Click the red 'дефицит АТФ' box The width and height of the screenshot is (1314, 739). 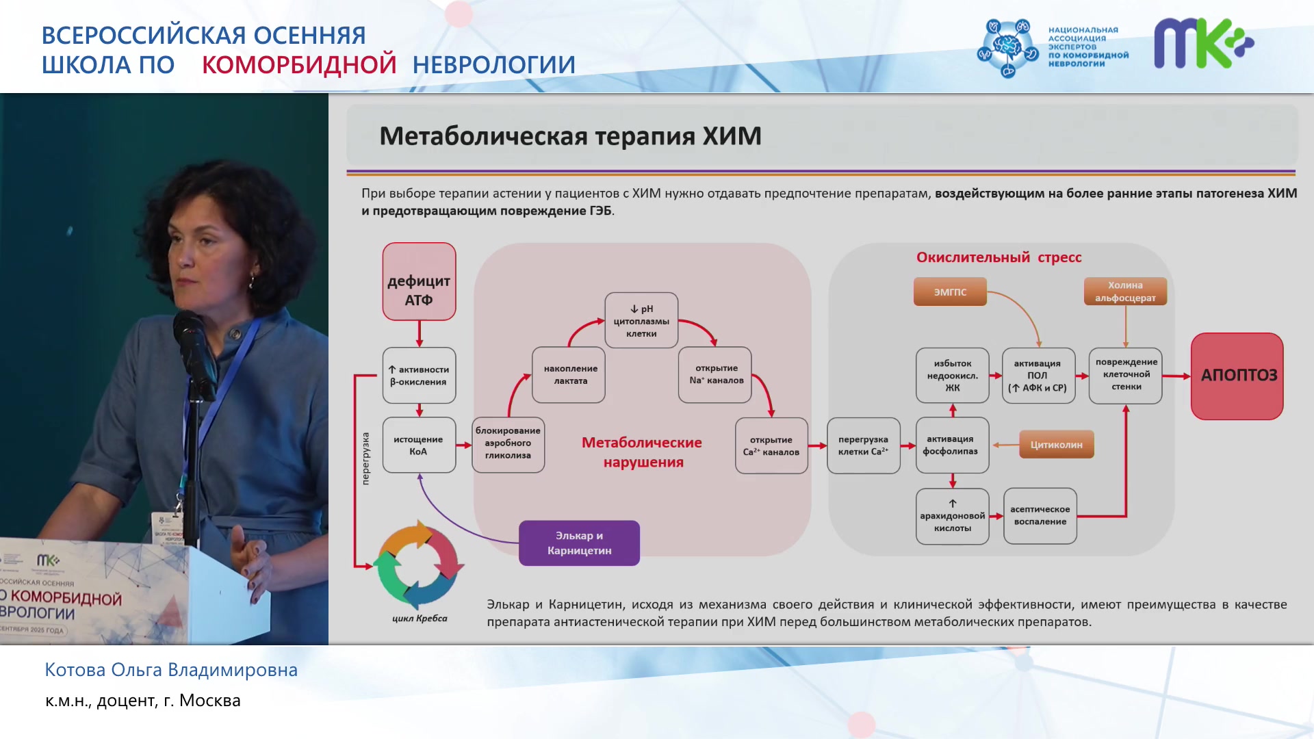click(x=419, y=281)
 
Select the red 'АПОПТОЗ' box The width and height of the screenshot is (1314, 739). click(x=1237, y=376)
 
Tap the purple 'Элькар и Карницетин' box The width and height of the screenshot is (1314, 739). click(x=579, y=543)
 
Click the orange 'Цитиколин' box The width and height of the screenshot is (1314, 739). click(x=1057, y=445)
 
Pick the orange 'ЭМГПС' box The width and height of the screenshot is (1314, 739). click(x=950, y=291)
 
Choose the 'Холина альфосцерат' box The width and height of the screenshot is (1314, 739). click(x=1125, y=291)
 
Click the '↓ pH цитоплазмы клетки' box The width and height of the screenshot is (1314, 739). click(x=641, y=320)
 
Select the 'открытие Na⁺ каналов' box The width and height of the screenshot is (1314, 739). click(x=715, y=375)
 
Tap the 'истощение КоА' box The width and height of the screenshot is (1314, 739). click(x=419, y=445)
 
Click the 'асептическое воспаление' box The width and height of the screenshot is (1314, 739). click(x=1040, y=516)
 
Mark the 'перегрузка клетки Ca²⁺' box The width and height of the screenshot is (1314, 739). click(x=864, y=445)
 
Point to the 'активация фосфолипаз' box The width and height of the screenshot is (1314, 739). click(x=953, y=445)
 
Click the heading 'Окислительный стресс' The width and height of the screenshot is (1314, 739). click(x=999, y=257)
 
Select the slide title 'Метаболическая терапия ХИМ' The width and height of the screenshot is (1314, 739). click(x=570, y=135)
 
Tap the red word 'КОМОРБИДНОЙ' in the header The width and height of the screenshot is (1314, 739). click(x=299, y=64)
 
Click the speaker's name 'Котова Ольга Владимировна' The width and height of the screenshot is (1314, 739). click(x=171, y=670)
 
